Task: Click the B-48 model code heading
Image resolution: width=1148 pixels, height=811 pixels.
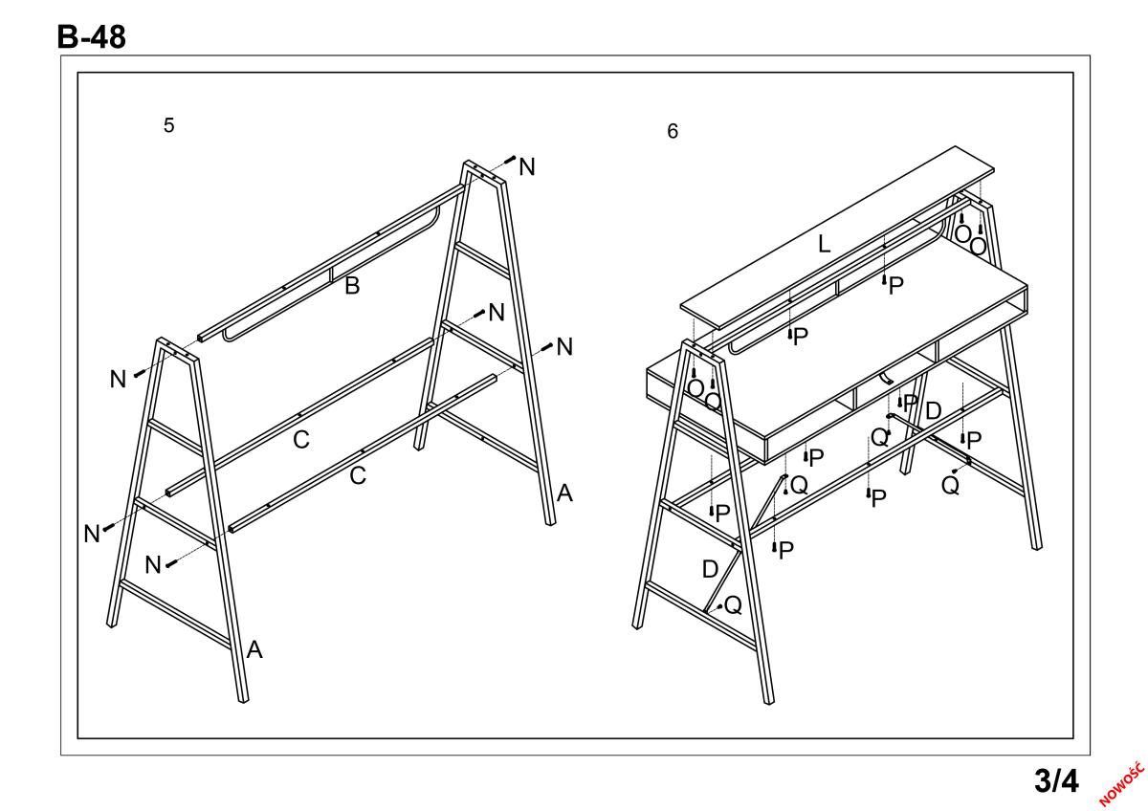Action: (x=91, y=36)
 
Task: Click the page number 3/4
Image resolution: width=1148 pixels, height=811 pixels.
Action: (x=1055, y=780)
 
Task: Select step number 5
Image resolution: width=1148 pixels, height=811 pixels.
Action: (x=168, y=125)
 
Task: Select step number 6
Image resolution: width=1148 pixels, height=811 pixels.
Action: (x=673, y=132)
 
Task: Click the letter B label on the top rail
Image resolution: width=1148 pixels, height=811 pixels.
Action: (x=352, y=285)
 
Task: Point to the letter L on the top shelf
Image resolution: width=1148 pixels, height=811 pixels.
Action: (x=824, y=244)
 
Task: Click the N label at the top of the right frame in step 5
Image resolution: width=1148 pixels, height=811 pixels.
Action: (x=527, y=167)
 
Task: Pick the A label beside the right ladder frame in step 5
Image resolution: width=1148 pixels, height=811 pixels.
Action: (x=564, y=493)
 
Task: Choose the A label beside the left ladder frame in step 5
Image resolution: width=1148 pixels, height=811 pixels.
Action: (x=254, y=650)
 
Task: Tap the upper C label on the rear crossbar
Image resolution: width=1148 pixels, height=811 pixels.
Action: (x=300, y=441)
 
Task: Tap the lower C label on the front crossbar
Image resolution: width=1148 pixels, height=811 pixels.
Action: (x=357, y=475)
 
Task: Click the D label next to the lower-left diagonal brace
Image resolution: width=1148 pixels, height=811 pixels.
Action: (x=710, y=569)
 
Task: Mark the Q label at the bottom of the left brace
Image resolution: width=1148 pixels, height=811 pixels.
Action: (x=733, y=605)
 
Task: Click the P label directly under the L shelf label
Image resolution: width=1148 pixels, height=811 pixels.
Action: (x=895, y=285)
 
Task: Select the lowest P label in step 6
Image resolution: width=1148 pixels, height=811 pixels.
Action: (x=786, y=550)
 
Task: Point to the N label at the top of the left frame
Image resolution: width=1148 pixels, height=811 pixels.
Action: (x=118, y=380)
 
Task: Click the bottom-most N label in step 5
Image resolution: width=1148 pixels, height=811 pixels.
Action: (x=153, y=565)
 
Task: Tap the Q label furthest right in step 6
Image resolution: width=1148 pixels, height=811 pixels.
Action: (x=950, y=485)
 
